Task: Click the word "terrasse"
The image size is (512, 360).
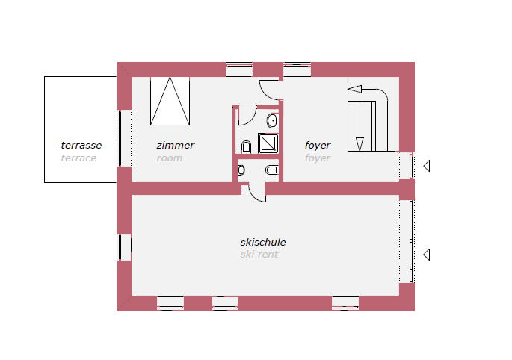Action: point(81,145)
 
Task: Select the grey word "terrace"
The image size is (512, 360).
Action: point(78,158)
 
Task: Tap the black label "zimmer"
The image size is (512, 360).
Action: point(176,145)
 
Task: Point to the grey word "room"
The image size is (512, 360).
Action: point(170,158)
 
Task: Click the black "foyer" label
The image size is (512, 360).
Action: point(318,145)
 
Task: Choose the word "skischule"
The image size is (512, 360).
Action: point(263,242)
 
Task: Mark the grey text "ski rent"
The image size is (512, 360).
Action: point(259,255)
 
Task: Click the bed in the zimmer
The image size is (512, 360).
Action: point(170,101)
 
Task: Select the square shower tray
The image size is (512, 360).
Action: point(268,143)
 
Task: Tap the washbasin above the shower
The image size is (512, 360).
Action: point(272,121)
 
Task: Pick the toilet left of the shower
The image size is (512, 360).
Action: point(246,147)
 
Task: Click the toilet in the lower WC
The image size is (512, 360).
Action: point(272,170)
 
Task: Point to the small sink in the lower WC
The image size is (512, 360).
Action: point(241,170)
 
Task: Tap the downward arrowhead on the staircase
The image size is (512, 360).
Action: point(360,144)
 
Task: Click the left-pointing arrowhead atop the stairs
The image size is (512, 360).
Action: point(354,89)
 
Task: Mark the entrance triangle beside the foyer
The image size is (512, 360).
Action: point(427,166)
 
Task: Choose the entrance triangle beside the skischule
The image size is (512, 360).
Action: point(427,255)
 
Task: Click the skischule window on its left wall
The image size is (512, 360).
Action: point(124,247)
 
